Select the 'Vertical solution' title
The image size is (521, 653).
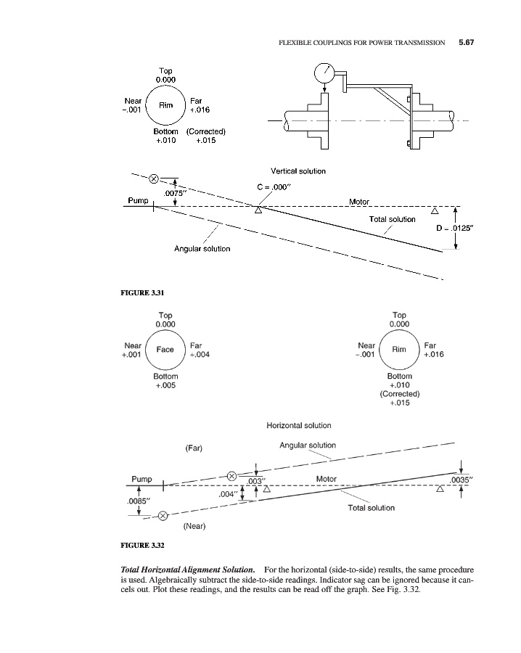[298, 171]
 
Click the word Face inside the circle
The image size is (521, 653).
[165, 350]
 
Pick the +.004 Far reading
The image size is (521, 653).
[200, 355]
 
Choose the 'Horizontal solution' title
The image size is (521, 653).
[299, 425]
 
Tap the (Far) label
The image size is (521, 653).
[194, 448]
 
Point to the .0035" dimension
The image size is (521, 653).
[462, 479]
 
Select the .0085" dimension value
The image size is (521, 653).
[138, 501]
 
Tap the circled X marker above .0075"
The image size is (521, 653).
[154, 178]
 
